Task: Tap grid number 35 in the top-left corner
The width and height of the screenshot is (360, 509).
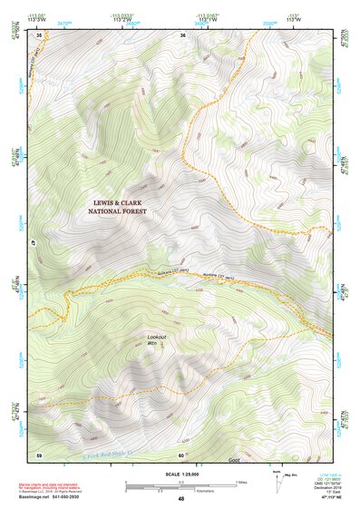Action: click(39, 35)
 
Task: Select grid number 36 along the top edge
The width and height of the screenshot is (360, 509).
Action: click(182, 35)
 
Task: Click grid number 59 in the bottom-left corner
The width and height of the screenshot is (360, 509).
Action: click(39, 455)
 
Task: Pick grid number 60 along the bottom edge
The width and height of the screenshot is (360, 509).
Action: click(181, 455)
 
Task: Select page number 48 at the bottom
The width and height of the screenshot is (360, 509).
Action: click(180, 499)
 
